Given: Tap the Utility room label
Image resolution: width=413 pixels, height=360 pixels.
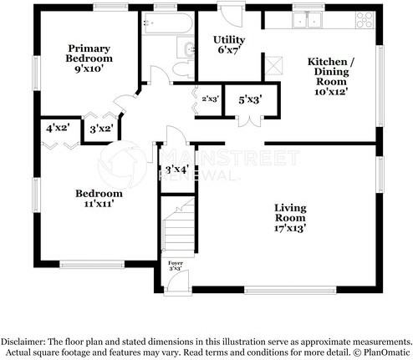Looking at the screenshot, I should click(229, 45).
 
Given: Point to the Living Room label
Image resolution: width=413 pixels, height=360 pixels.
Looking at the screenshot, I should click(292, 216).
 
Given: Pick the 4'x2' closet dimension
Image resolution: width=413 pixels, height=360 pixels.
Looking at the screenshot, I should click(58, 129).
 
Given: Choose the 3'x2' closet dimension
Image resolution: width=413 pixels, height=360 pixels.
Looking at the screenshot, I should click(101, 129).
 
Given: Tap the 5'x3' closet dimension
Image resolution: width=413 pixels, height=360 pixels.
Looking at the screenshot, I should click(249, 100).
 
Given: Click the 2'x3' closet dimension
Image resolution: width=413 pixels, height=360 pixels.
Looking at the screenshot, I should click(209, 99).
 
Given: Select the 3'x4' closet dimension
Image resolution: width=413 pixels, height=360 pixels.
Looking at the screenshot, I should click(176, 170).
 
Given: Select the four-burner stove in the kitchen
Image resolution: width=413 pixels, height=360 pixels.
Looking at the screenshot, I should click(365, 19).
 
